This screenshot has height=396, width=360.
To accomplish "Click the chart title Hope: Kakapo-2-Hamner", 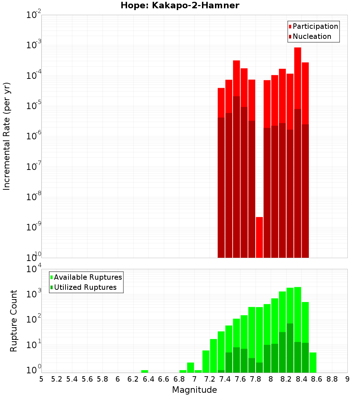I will pos(180,5).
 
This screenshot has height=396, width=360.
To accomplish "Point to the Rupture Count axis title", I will pos(14,321).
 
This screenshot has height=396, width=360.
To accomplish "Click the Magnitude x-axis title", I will pos(194,390).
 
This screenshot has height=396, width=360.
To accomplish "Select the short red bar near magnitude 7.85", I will pos(259,237).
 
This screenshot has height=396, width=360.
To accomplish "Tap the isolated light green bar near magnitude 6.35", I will pos(145,371).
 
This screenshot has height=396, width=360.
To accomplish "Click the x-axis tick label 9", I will pos(347,379).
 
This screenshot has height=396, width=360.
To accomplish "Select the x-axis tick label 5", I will pos(41,379).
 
